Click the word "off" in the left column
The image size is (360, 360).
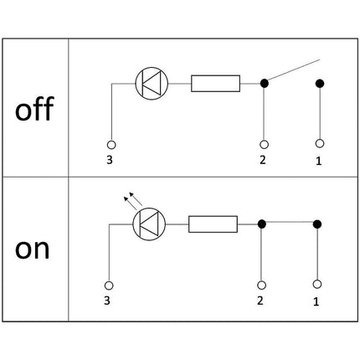pos(33,109)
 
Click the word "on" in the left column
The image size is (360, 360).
pos(33,249)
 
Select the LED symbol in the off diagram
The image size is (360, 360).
pos(152,83)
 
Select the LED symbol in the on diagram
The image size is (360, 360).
pos(149,223)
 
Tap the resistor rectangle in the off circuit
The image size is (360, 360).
pos(216,83)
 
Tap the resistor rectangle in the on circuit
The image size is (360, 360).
pos(213,224)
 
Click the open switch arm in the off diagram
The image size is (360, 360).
pos(293,71)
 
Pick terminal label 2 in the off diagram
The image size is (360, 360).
pos(265,159)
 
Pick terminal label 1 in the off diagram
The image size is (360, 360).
pos(319,159)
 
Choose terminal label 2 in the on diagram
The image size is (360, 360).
pos(261,299)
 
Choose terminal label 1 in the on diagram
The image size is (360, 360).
pos(316,299)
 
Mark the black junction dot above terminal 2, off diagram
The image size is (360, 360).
pos(265,83)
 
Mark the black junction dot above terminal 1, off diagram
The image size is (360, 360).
pos(319,83)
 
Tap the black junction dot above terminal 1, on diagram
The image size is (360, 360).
pos(316,224)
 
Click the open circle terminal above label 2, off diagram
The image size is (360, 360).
pos(265,144)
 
